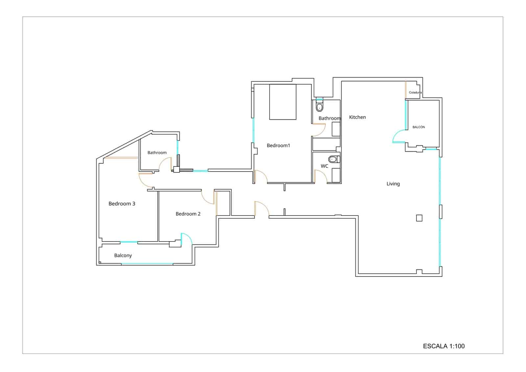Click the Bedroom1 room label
point(278,145)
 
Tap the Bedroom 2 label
point(188,214)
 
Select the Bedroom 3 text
point(122,204)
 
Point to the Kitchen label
point(357,117)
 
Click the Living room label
point(393,184)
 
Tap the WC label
point(324,166)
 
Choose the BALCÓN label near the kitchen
point(418,127)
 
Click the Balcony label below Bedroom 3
point(123,256)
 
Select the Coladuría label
point(415,92)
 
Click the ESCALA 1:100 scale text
point(443,346)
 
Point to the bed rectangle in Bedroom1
point(283,102)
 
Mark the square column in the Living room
point(419,218)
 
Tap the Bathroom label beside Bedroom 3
point(157,153)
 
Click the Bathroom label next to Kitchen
point(329,118)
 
